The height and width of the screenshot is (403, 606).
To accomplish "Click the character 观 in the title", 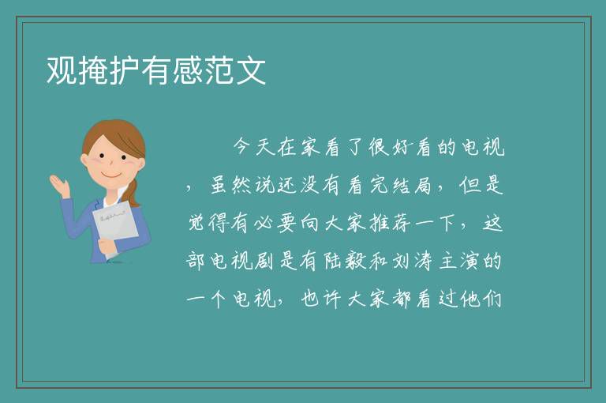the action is point(62,70).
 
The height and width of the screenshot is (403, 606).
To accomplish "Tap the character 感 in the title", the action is point(188,70).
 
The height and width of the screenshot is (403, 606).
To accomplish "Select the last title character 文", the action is point(251,70).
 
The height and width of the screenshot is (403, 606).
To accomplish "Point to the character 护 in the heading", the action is point(125,70).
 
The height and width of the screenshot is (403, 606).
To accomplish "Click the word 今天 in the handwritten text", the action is point(254,147).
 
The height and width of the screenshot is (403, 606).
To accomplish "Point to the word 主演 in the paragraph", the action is point(459,262).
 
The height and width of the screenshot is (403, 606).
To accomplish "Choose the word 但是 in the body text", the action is point(481,186).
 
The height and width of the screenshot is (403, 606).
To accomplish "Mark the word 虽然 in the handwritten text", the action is point(230,186).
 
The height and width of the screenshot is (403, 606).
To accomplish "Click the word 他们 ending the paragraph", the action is point(481,299).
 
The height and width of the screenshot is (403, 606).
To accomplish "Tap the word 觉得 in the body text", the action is point(208,224).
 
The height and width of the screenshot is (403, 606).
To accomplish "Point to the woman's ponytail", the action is point(133,193).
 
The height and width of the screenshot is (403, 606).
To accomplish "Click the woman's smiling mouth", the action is point(112,175).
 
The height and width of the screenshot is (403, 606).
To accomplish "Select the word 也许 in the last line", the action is point(321,299).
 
